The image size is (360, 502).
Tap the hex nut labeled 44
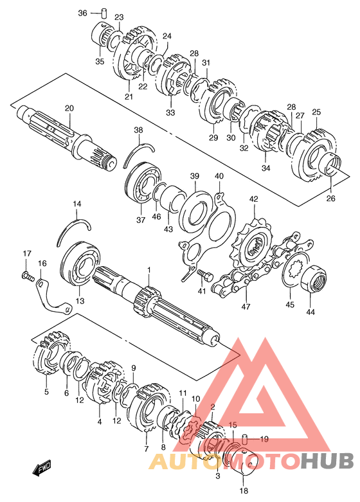[x=314, y=278]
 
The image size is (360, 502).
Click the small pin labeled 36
[x=104, y=14]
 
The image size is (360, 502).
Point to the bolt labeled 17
[x=28, y=276]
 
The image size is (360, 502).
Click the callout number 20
[x=69, y=108]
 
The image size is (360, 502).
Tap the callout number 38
[x=139, y=130]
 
